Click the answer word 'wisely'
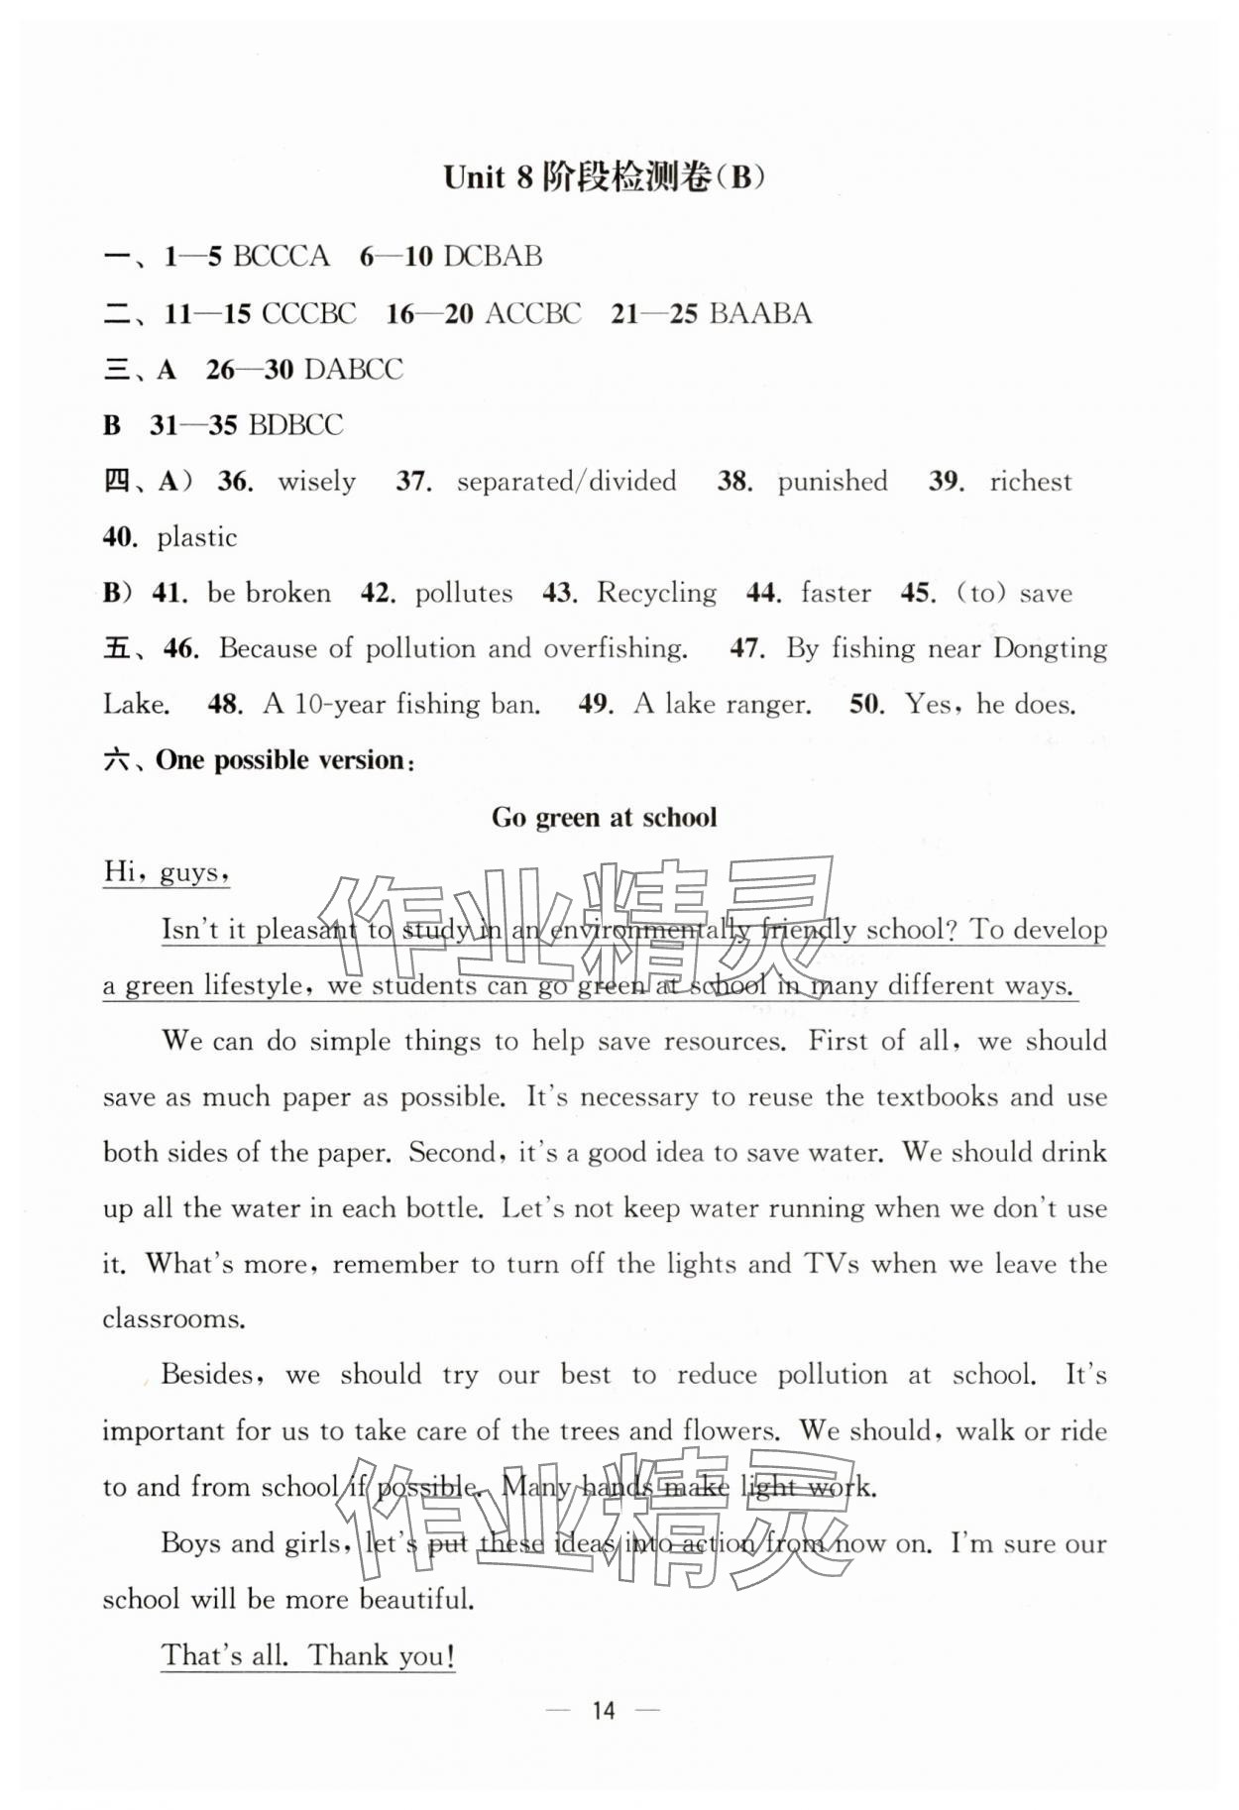point(316,482)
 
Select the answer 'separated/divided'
point(566,482)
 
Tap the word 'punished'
point(832,482)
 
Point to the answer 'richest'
point(1030,482)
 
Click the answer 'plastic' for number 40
point(196,537)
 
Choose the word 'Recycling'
point(656,593)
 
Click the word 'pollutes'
point(463,593)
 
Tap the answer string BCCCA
point(281,257)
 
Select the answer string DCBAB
point(493,257)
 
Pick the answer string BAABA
point(760,313)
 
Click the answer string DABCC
point(354,370)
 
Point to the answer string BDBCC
point(295,425)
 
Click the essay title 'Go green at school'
point(604,818)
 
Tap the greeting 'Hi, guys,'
point(167,872)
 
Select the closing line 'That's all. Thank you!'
point(308,1655)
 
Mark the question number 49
point(596,705)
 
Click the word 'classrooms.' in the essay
point(173,1319)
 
